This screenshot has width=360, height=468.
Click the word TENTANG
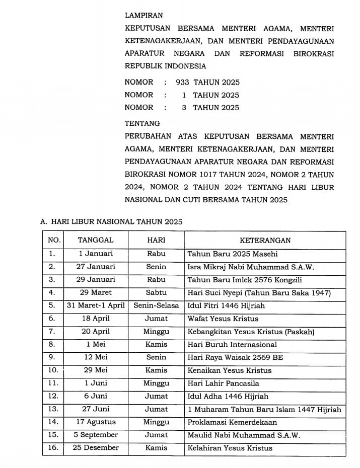(142, 123)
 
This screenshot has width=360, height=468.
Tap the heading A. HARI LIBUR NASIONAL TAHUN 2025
(111, 221)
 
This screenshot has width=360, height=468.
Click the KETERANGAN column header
(265, 241)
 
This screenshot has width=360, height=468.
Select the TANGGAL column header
(96, 241)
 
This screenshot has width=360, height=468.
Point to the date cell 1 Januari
(96, 254)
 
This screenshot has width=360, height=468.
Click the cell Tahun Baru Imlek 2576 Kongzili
(244, 280)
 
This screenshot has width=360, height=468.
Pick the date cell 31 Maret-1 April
(96, 305)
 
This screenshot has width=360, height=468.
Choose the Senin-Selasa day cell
(156, 305)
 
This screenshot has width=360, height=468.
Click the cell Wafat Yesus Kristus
(223, 319)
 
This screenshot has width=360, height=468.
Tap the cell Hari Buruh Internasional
(232, 345)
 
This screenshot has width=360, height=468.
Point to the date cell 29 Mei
(96, 370)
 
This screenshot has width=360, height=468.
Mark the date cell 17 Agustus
(96, 422)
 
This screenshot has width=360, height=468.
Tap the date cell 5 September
(96, 435)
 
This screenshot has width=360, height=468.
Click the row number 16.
(52, 448)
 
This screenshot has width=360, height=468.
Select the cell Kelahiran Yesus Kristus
(230, 448)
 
